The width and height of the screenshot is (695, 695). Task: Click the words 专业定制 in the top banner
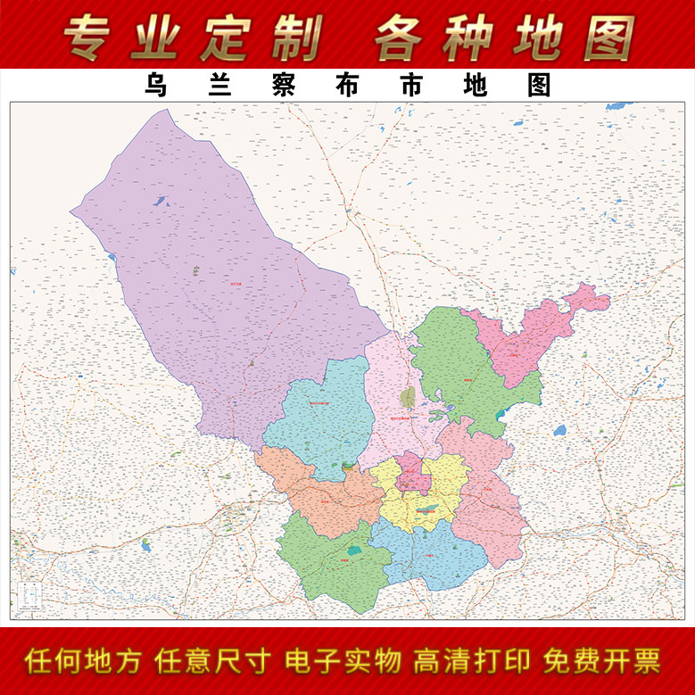tap(193, 37)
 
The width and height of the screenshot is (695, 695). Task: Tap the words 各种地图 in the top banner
tap(504, 37)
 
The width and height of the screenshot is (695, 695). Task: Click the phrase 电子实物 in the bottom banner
tap(343, 661)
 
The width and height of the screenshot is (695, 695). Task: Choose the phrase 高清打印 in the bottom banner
tap(472, 661)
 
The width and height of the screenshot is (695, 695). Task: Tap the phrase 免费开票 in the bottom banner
tap(603, 661)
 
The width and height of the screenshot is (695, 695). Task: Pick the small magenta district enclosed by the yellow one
tap(413, 473)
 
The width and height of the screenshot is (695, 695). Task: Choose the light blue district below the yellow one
tap(433, 553)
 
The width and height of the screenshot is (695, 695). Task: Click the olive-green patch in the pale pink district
tap(408, 396)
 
